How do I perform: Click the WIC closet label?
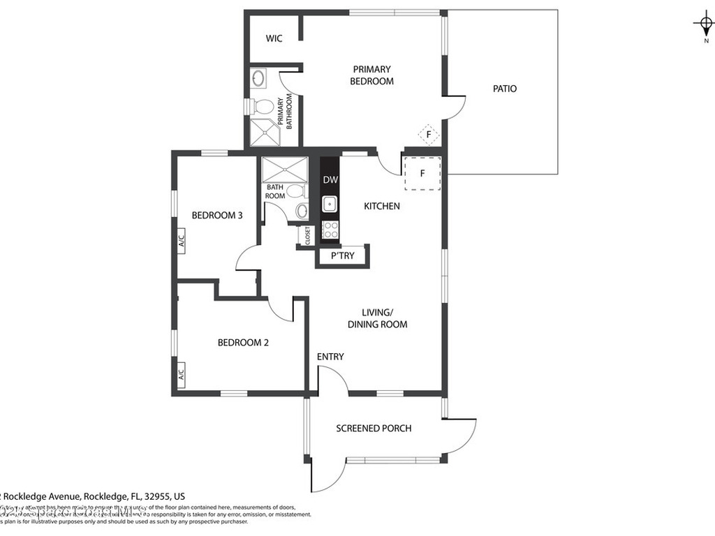click(x=274, y=39)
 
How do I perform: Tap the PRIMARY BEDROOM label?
click(x=371, y=75)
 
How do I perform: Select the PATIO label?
click(x=504, y=89)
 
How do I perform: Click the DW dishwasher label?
click(x=330, y=180)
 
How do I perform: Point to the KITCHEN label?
click(x=382, y=206)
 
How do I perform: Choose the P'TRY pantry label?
click(x=342, y=256)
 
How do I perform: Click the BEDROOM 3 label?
click(x=217, y=216)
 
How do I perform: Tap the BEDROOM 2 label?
click(x=243, y=343)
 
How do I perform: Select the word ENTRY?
click(x=330, y=357)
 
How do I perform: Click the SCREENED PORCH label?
click(x=374, y=429)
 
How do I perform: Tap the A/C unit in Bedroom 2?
click(x=181, y=374)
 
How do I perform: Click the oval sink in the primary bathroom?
click(x=258, y=78)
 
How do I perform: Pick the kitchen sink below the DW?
click(x=330, y=204)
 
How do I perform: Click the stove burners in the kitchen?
click(x=330, y=228)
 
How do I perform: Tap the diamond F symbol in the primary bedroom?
click(x=428, y=134)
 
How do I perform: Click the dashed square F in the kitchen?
click(x=422, y=173)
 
